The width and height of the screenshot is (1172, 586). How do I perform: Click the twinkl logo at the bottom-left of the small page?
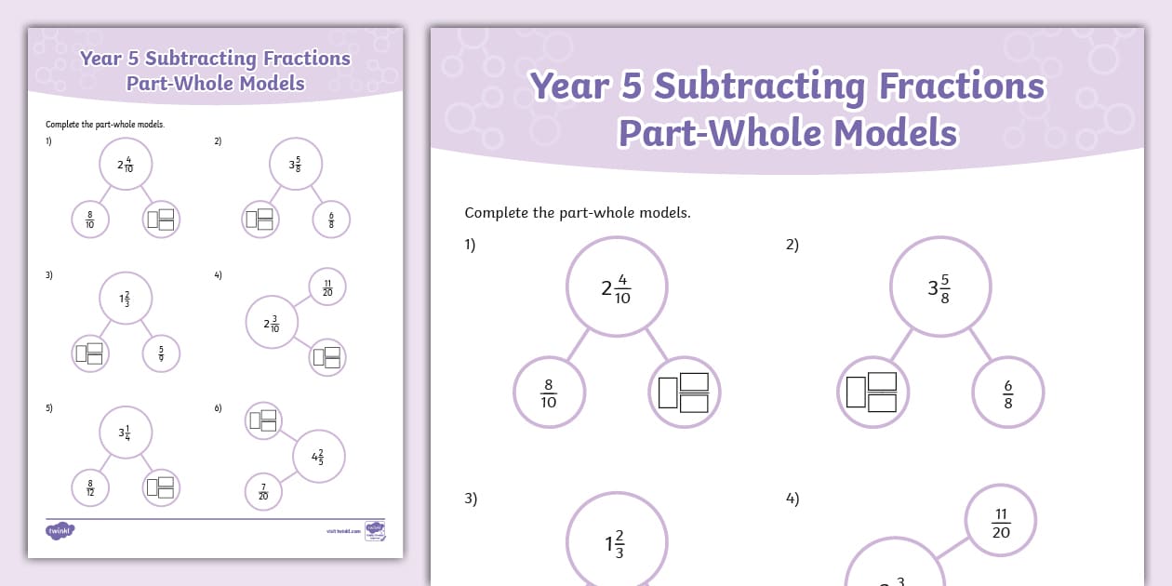tap(60, 531)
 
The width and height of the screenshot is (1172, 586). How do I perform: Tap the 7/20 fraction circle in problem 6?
tap(263, 491)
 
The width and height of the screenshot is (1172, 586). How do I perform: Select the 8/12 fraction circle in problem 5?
tap(90, 487)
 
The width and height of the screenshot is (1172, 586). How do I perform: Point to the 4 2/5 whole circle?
tap(319, 457)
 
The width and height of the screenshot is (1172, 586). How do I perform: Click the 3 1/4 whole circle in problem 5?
tap(126, 432)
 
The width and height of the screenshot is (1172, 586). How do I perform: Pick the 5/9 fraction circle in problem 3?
tap(161, 353)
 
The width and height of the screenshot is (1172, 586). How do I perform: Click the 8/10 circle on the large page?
tap(549, 393)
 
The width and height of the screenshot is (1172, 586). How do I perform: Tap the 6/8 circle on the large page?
tap(1008, 393)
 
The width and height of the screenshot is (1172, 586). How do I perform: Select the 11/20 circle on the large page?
tap(1001, 522)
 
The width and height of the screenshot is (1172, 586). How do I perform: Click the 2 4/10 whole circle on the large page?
tap(617, 286)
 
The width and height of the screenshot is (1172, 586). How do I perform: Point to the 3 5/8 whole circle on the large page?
tap(939, 286)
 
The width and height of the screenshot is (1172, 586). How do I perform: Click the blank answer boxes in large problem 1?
tap(684, 392)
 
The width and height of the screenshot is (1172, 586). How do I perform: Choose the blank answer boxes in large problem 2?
tap(872, 392)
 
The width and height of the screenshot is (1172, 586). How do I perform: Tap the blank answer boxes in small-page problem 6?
tap(263, 420)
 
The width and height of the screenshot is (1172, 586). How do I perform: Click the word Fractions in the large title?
tap(962, 87)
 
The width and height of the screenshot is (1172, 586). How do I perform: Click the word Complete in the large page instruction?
tap(497, 212)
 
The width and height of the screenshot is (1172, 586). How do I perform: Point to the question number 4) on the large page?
tap(792, 499)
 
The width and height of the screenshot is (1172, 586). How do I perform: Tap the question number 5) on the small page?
tap(49, 407)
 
